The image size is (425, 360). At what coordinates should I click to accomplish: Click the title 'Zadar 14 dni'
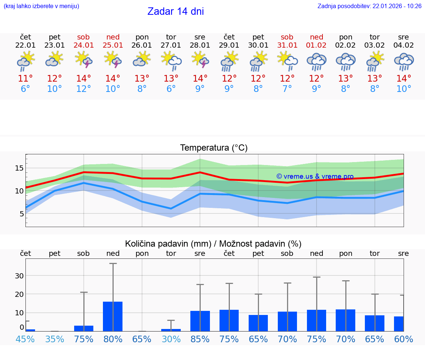pyautogui.click(x=176, y=11)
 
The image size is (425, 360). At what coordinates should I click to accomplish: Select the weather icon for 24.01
pyautogui.click(x=84, y=60)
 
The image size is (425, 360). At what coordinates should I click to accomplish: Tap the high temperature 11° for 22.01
pyautogui.click(x=25, y=79)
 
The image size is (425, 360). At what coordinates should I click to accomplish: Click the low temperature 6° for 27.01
pyautogui.click(x=171, y=89)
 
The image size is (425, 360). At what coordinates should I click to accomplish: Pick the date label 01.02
pyautogui.click(x=316, y=45)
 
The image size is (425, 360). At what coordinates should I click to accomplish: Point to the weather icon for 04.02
pyautogui.click(x=404, y=62)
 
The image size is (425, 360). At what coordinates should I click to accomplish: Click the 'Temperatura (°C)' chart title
pyautogui.click(x=214, y=148)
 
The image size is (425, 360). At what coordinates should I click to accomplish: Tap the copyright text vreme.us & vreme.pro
pyautogui.click(x=315, y=176)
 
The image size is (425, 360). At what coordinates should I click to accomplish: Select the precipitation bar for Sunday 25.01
pyautogui.click(x=113, y=316)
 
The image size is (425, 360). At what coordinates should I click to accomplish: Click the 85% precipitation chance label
pyautogui.click(x=200, y=339)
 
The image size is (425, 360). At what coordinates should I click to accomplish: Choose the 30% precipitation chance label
pyautogui.click(x=171, y=339)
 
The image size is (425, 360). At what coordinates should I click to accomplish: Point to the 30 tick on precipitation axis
pyautogui.click(x=19, y=276)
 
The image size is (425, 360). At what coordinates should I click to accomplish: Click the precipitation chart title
pyautogui.click(x=213, y=244)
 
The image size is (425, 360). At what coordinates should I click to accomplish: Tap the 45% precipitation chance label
pyautogui.click(x=25, y=339)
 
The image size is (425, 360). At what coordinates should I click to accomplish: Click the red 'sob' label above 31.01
pyautogui.click(x=287, y=37)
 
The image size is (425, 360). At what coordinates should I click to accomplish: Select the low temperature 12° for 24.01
pyautogui.click(x=84, y=89)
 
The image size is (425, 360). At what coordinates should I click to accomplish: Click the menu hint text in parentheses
pyautogui.click(x=41, y=6)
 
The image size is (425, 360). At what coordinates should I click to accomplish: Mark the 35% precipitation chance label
pyautogui.click(x=55, y=339)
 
